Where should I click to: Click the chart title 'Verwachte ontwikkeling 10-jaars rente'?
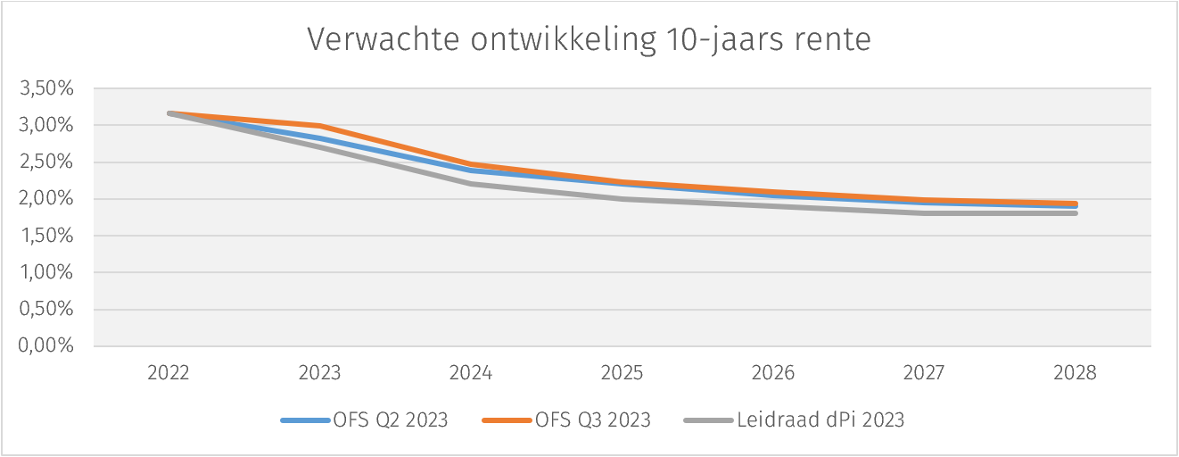coord(589,40)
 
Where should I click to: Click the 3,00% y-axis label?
coord(45,125)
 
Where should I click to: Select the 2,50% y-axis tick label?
coord(45,162)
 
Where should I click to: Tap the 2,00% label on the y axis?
coord(45,199)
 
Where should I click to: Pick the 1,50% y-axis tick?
coord(45,236)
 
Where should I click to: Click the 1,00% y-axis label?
coord(45,272)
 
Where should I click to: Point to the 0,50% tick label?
coord(45,310)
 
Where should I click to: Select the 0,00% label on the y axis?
coord(45,346)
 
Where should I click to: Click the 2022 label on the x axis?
coord(169,373)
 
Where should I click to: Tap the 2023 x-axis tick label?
coord(319,373)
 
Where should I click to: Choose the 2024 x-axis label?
coord(471,373)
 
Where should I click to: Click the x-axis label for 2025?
coord(622,373)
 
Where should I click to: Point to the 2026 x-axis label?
coord(773,373)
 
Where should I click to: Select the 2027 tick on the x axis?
coord(924,373)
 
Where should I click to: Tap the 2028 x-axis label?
coord(1076,373)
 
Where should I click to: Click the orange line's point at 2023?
coord(319,126)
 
